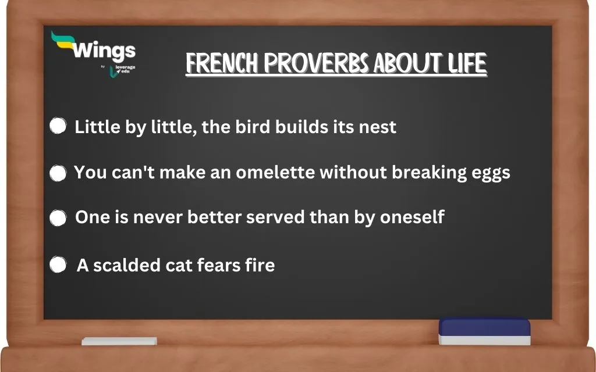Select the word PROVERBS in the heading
pos(315,64)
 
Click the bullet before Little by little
pos(58,126)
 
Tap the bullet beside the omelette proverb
pos(58,173)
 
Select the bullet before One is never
pos(58,218)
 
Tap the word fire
pos(258,265)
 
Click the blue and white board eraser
pos(484,331)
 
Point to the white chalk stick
pos(119,341)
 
